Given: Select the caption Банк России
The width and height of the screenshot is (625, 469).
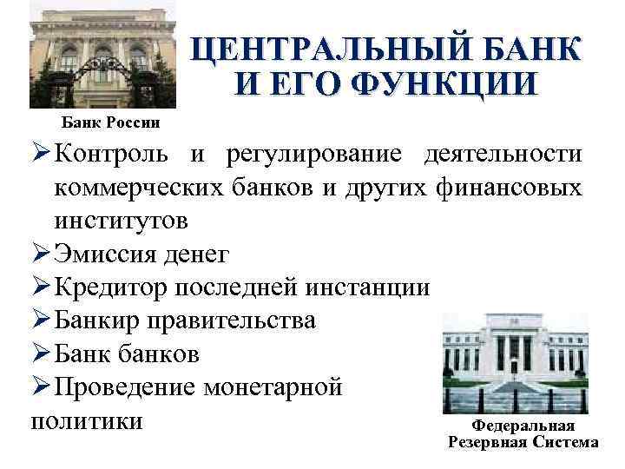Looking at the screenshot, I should [110, 122].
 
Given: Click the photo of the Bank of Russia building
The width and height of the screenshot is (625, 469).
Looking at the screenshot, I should [102, 56].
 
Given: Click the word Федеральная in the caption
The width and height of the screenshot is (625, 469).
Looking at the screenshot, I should [523, 426].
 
